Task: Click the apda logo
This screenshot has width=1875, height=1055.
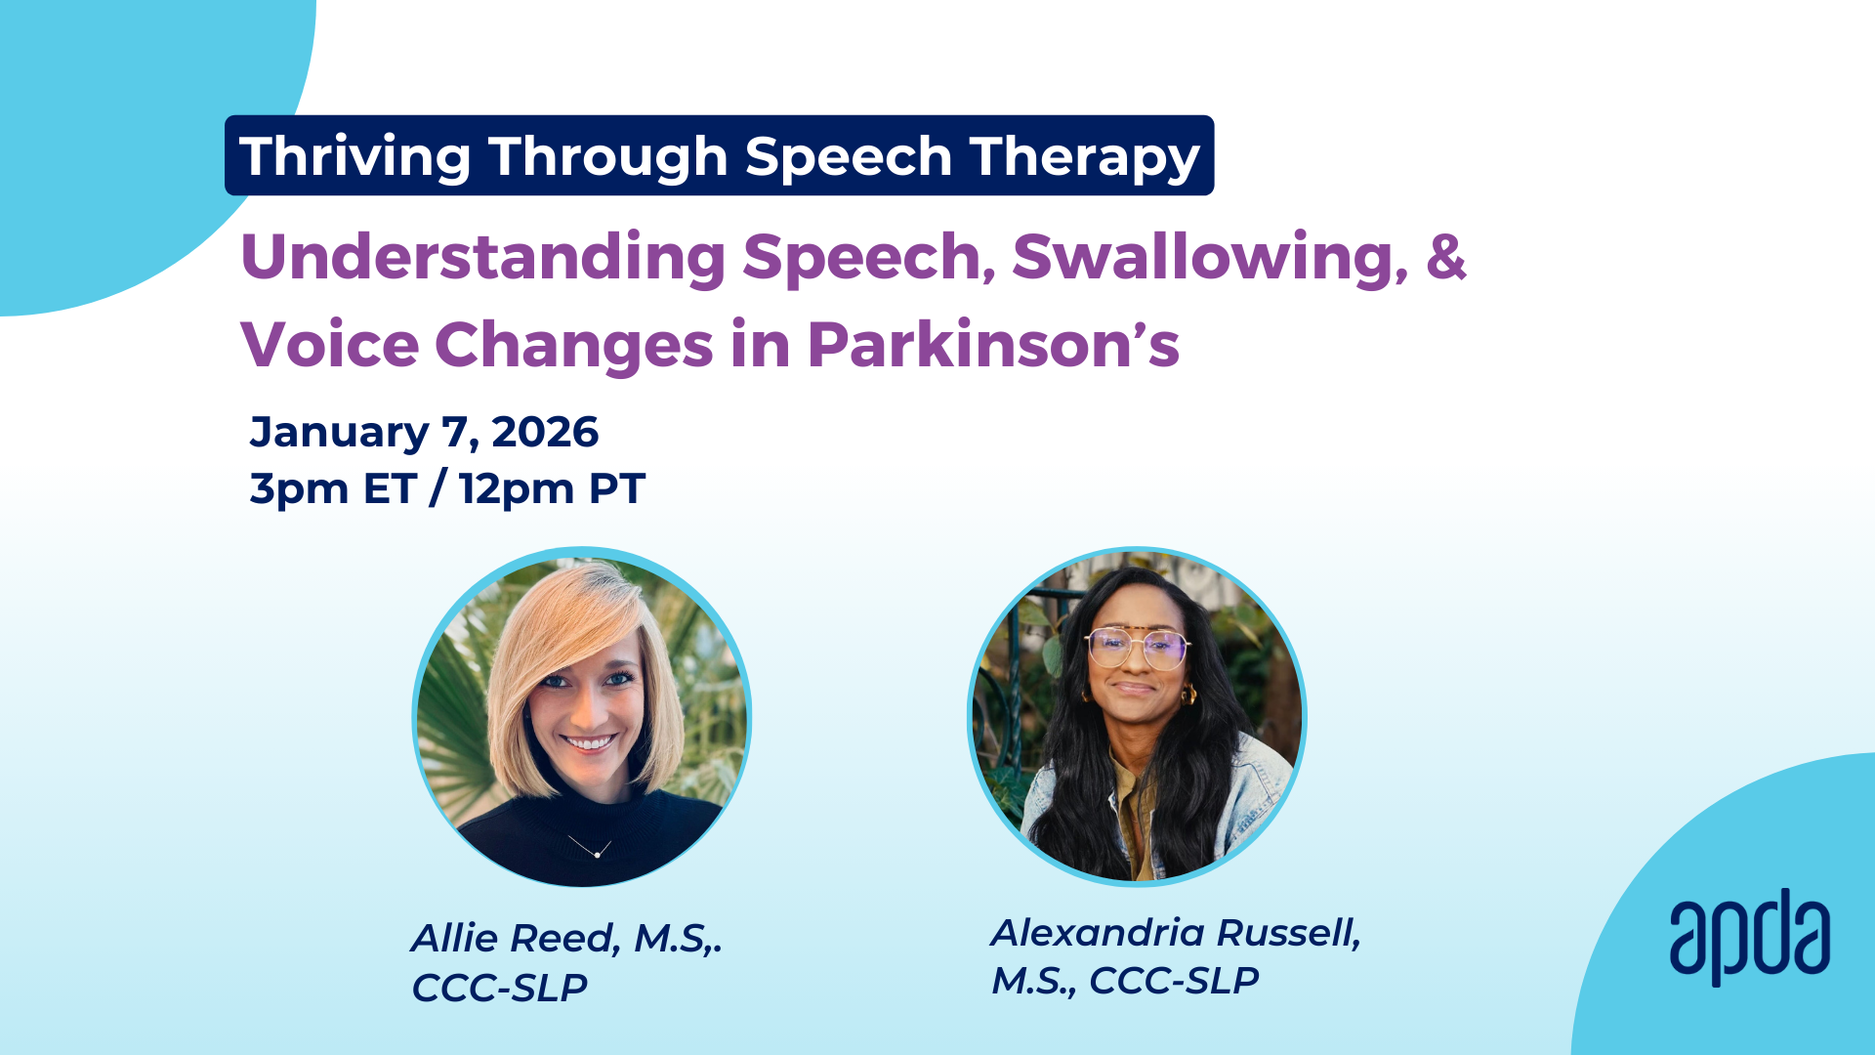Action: (1749, 936)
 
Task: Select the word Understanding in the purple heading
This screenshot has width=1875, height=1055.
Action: (482, 258)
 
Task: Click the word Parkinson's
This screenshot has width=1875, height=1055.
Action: (993, 345)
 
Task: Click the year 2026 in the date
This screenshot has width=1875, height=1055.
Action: (545, 432)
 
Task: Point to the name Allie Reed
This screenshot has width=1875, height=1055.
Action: (516, 938)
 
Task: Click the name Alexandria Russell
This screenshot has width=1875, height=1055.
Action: (1176, 933)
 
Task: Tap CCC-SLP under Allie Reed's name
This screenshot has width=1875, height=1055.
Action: (499, 988)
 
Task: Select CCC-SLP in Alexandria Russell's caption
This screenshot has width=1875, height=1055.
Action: (1174, 980)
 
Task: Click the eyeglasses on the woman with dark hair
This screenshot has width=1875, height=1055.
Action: (1137, 648)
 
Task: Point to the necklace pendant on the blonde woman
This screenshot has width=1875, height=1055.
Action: (597, 855)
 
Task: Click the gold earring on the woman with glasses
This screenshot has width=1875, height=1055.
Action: (1189, 696)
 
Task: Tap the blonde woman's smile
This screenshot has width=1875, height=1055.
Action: (588, 743)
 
